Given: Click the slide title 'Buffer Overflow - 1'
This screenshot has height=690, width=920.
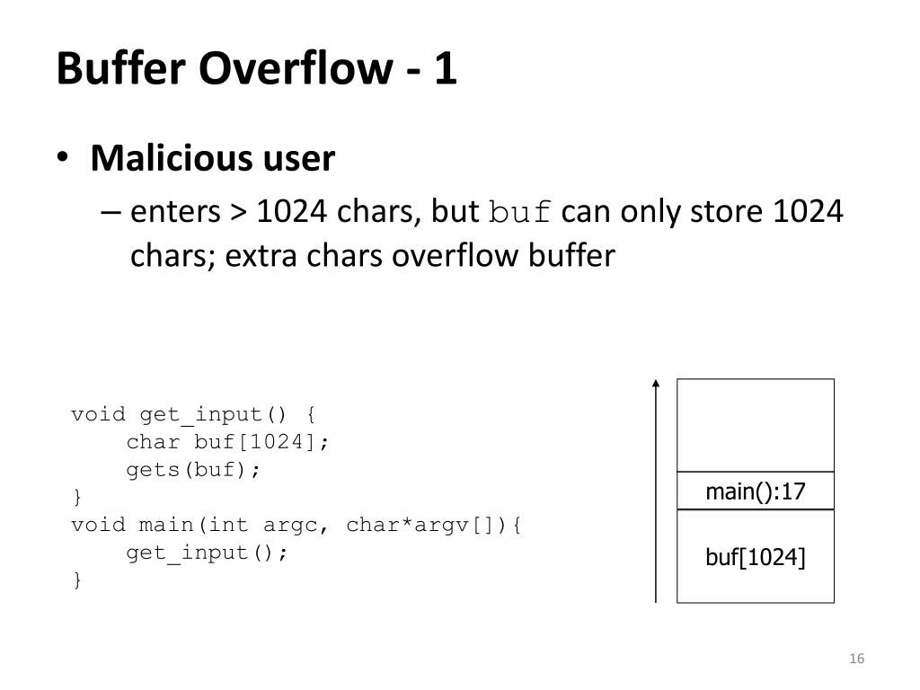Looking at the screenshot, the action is [x=257, y=69].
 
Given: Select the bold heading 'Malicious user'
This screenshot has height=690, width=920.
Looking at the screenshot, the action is [x=213, y=159].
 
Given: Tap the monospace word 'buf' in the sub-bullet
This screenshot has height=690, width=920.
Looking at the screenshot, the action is [x=520, y=214].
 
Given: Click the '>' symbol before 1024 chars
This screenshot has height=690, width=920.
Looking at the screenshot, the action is [x=238, y=214].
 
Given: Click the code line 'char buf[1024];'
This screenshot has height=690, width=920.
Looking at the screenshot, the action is [x=228, y=442].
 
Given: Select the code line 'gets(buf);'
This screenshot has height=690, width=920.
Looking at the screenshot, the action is [x=193, y=470].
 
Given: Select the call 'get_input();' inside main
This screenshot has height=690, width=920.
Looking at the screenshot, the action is [x=208, y=553].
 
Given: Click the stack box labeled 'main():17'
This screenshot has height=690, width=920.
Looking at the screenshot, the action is [x=755, y=491].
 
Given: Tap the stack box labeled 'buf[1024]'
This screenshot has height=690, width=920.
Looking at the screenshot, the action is [x=755, y=557].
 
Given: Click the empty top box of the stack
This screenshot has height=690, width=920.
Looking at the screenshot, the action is [x=755, y=425].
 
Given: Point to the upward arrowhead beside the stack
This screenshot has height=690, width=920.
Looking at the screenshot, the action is [x=656, y=385].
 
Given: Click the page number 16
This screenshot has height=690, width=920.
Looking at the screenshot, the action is [x=855, y=659].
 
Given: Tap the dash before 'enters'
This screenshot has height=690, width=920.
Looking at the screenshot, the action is [x=111, y=214].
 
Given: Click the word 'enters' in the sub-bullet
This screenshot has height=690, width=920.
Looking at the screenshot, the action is [x=175, y=214].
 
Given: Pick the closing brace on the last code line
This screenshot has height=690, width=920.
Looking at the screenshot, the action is [x=77, y=580].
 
